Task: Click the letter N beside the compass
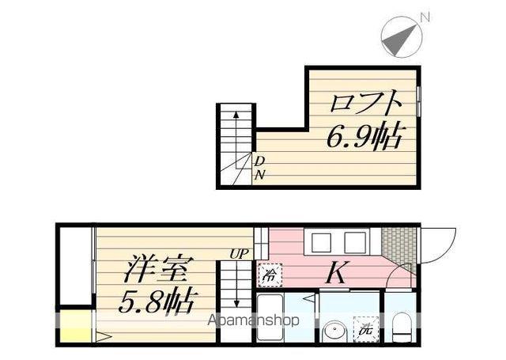point(425,17)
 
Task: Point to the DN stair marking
point(259,168)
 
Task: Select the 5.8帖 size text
point(158,301)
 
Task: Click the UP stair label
point(237,254)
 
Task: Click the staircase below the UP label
point(236,289)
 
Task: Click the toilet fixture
point(402,324)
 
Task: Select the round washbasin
point(333,330)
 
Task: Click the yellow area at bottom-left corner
point(74,328)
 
